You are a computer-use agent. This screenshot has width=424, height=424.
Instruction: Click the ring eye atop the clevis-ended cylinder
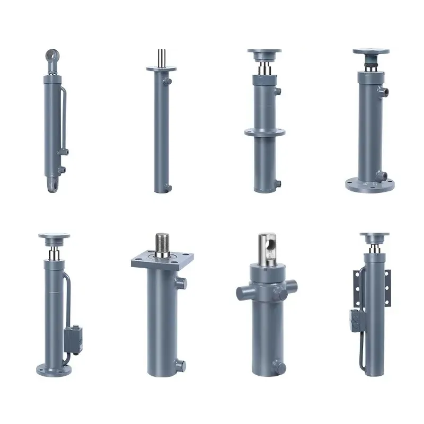(51, 55)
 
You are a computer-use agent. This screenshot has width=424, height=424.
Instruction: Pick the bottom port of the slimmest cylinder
(169, 187)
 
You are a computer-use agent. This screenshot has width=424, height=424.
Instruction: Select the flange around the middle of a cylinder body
(265, 132)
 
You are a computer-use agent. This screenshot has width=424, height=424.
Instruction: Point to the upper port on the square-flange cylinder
(182, 284)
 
